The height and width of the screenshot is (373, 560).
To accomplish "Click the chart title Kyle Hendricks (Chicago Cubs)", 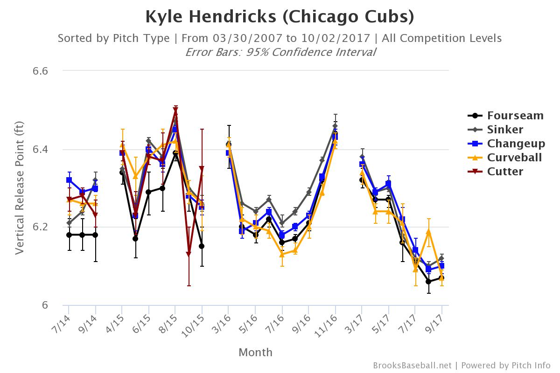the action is pyautogui.click(x=280, y=17).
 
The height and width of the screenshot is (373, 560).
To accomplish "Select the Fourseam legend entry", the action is pyautogui.click(x=506, y=116).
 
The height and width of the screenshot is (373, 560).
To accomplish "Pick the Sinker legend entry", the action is pyautogui.click(x=496, y=130).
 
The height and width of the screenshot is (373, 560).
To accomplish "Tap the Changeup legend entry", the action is pyautogui.click(x=506, y=144).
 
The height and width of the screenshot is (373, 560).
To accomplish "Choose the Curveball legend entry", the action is pyautogui.click(x=505, y=158).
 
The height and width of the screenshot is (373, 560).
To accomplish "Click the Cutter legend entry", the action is pyautogui.click(x=496, y=172).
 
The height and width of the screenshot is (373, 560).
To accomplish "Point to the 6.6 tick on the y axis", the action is pyautogui.click(x=40, y=71).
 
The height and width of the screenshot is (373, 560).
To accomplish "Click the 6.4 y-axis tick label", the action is pyautogui.click(x=40, y=149).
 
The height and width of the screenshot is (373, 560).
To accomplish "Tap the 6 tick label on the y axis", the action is pyautogui.click(x=45, y=305).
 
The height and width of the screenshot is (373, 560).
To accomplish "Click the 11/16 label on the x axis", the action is pyautogui.click(x=326, y=326).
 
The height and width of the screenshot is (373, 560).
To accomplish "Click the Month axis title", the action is pyautogui.click(x=256, y=352).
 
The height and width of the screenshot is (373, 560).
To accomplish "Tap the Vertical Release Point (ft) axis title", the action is pyautogui.click(x=19, y=188).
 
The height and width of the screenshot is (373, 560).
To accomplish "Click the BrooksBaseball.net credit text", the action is pyautogui.click(x=412, y=366).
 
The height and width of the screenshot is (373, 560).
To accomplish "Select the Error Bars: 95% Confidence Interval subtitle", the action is pyautogui.click(x=280, y=52).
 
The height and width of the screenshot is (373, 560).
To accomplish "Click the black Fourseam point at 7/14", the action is pyautogui.click(x=69, y=235).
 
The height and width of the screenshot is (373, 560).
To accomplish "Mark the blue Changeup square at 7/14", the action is pyautogui.click(x=69, y=180).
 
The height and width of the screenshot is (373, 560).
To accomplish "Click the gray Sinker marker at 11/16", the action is pyautogui.click(x=335, y=126).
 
